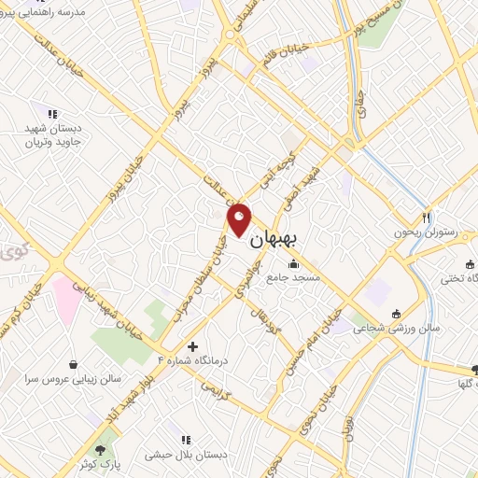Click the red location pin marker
tap(240, 219)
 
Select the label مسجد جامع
tap(293, 277)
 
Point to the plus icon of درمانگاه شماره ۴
tap(192, 346)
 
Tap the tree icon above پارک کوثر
tap(100, 450)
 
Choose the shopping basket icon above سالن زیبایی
tap(74, 364)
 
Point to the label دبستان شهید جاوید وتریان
tap(53, 136)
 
